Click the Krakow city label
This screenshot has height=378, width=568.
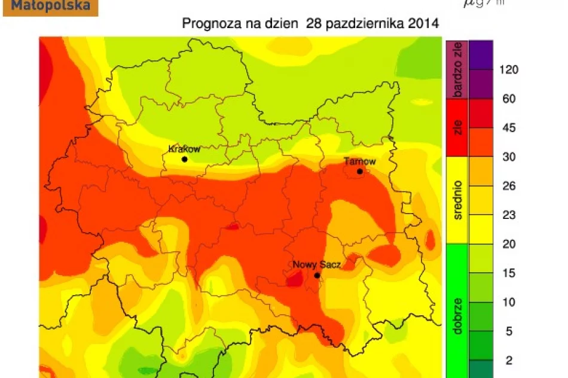(184, 149)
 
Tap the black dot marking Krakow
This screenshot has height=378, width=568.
(185, 159)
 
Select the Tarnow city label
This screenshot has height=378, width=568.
(360, 161)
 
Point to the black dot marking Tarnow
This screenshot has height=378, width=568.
(360, 172)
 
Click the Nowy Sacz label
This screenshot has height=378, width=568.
(316, 265)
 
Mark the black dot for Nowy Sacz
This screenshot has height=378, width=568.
(317, 275)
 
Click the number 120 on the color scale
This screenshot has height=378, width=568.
(509, 69)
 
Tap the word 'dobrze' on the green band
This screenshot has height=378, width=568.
(457, 311)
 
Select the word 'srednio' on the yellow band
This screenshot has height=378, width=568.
(457, 200)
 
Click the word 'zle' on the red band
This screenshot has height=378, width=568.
(457, 128)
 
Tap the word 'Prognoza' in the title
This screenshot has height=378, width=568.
(207, 24)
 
